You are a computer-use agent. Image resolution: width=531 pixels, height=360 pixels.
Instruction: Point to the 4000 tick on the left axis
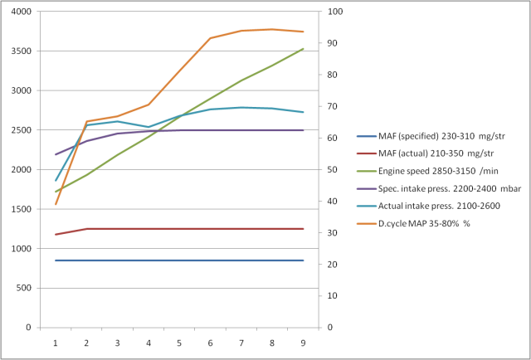point(20,12)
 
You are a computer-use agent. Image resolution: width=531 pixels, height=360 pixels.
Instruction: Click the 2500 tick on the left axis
point(20,130)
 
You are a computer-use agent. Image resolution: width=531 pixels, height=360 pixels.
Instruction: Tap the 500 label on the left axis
point(22,288)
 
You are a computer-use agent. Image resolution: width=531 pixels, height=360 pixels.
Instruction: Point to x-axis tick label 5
point(179,342)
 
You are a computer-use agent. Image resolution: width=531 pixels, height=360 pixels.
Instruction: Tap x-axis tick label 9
point(303,342)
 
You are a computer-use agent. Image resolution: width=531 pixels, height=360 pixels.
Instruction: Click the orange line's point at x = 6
point(210,38)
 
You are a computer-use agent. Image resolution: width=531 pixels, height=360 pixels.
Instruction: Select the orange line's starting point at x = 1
point(56,204)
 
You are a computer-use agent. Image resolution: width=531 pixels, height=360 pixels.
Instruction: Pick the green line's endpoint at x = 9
point(303,49)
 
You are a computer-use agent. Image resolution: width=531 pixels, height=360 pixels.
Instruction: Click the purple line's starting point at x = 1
point(56,154)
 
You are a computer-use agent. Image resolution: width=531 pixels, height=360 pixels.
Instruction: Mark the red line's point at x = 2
point(87,229)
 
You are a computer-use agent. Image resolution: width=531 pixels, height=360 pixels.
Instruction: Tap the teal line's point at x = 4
point(149,127)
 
